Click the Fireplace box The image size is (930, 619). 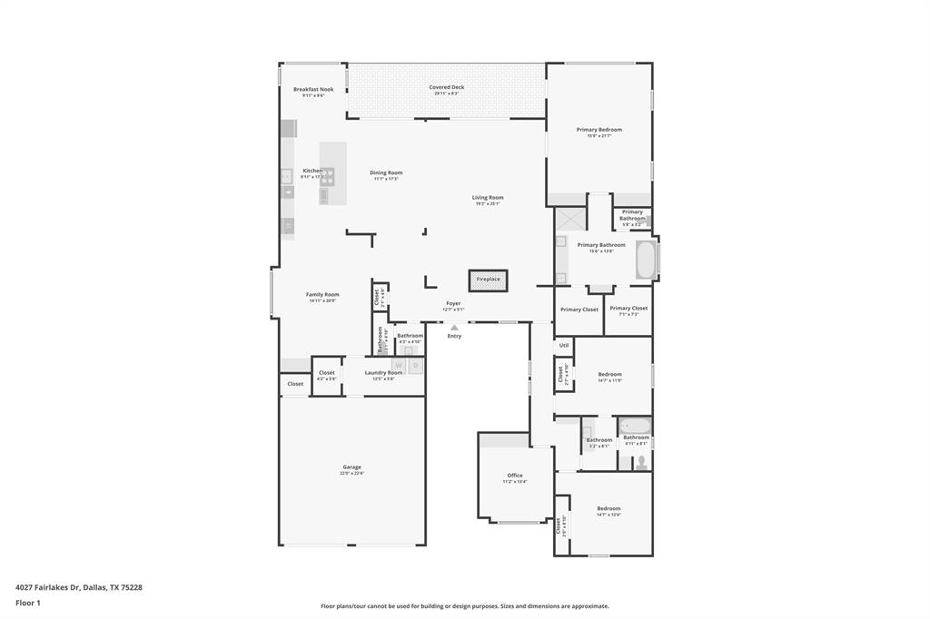[488, 280]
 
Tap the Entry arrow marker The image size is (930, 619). [454, 328]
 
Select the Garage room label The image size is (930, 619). [351, 467]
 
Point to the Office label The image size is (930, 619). [515, 476]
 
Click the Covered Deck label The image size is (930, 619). [446, 87]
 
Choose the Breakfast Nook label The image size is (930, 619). [313, 89]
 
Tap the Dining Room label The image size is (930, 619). [386, 172]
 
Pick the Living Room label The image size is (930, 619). [488, 197]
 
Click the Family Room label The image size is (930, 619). [322, 294]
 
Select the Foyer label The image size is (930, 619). [453, 303]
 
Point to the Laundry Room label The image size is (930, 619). [383, 372]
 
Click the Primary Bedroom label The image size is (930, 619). [599, 130]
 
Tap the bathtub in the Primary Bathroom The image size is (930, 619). [646, 260]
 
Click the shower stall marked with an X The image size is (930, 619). [570, 221]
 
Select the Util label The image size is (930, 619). [564, 345]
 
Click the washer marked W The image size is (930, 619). [398, 366]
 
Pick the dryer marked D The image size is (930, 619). [415, 366]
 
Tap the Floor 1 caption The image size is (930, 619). [28, 603]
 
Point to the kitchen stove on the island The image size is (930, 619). [327, 176]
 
